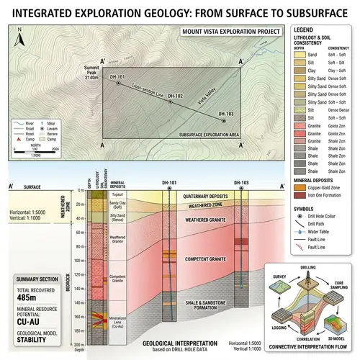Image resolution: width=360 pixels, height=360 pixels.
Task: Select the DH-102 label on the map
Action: coord(175,96)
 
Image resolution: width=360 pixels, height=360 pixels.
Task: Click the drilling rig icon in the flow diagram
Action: coord(307,283)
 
